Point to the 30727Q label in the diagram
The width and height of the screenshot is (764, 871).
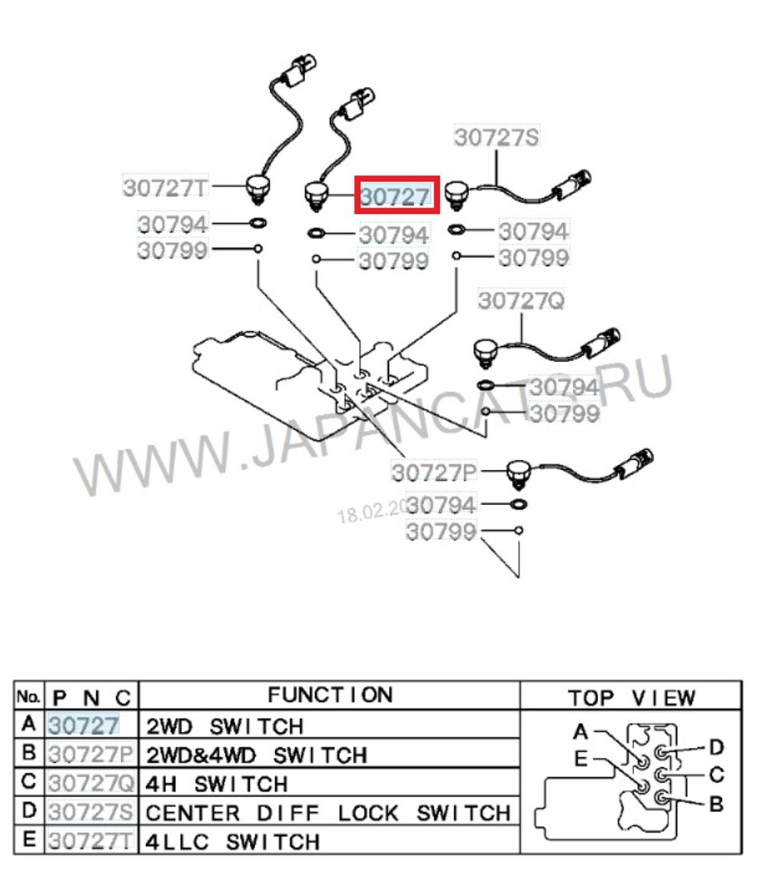pyautogui.click(x=521, y=301)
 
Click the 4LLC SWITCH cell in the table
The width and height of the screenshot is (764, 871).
pyautogui.click(x=233, y=841)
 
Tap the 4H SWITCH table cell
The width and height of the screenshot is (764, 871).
pyautogui.click(x=216, y=783)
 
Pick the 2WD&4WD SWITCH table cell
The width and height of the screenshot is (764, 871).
pyautogui.click(x=256, y=755)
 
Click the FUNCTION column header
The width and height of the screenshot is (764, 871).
pyautogui.click(x=329, y=695)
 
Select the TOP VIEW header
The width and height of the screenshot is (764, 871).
pyautogui.click(x=631, y=698)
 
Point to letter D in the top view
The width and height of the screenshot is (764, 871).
pyautogui.click(x=716, y=746)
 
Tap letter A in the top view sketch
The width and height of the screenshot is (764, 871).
pyautogui.click(x=581, y=732)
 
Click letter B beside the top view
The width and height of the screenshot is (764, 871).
pyautogui.click(x=716, y=804)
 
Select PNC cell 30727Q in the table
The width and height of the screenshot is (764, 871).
pyautogui.click(x=92, y=784)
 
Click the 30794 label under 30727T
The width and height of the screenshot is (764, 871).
pyautogui.click(x=173, y=224)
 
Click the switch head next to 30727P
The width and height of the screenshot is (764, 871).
pyautogui.click(x=519, y=472)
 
